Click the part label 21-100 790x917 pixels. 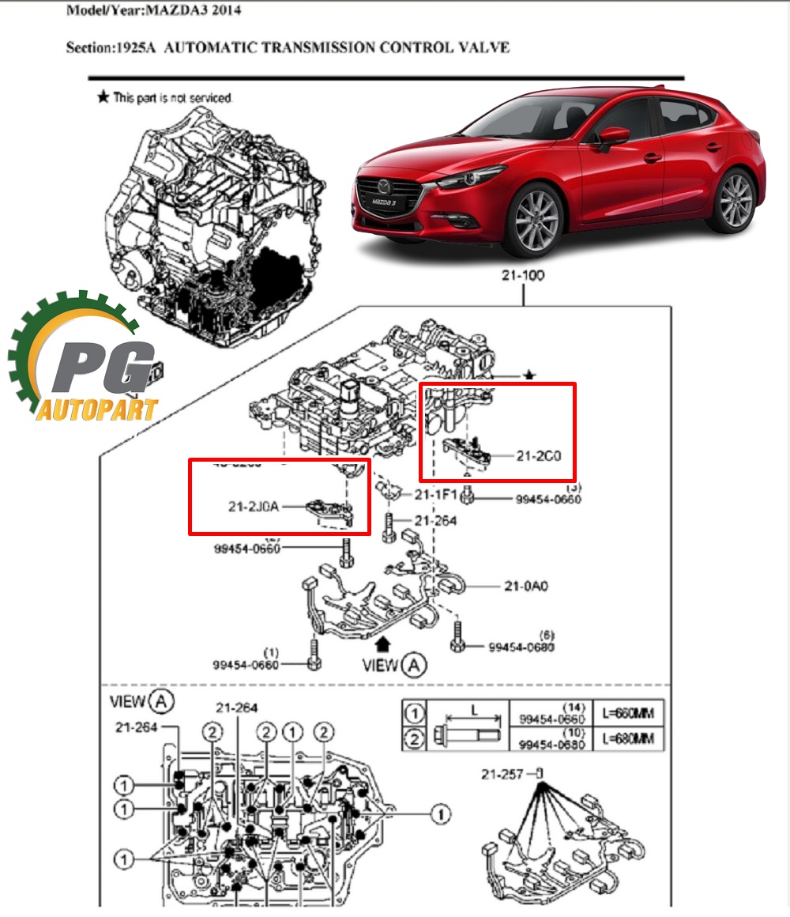click(x=523, y=276)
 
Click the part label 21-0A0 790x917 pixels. click(x=525, y=587)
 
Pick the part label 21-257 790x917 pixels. click(x=502, y=774)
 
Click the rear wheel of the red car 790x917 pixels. click(x=734, y=202)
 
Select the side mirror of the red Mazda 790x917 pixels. click(x=612, y=135)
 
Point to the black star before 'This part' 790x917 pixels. click(x=103, y=97)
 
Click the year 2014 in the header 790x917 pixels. click(x=226, y=11)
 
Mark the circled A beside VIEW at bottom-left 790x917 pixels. click(x=162, y=700)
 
